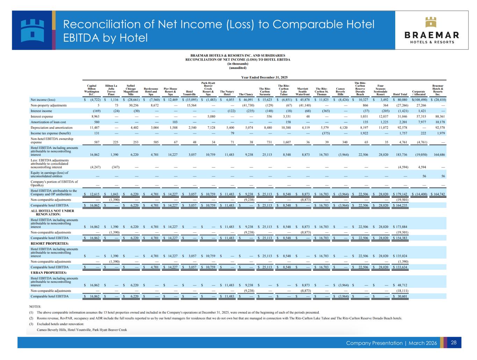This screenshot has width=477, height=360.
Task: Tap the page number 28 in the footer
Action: coord(454,343)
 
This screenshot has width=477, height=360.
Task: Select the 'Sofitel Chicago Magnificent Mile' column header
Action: coord(131,89)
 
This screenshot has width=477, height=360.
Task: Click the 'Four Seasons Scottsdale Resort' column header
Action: coord(380,89)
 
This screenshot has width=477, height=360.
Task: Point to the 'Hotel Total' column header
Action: coord(400,94)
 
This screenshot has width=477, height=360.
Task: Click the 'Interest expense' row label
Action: coord(42,116)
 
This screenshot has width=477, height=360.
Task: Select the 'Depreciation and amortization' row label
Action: coord(51,128)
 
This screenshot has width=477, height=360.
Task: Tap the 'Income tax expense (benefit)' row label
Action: coord(51,133)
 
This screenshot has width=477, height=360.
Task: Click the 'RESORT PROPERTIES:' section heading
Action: coord(50,243)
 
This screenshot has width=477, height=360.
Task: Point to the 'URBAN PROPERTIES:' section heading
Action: coord(49,272)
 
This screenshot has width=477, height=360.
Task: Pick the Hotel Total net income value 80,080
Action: coord(401,100)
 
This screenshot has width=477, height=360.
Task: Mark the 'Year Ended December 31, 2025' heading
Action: coord(265,77)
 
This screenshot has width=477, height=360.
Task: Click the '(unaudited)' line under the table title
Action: coord(238,68)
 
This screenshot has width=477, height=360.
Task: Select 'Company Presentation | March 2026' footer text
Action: coord(391,343)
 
